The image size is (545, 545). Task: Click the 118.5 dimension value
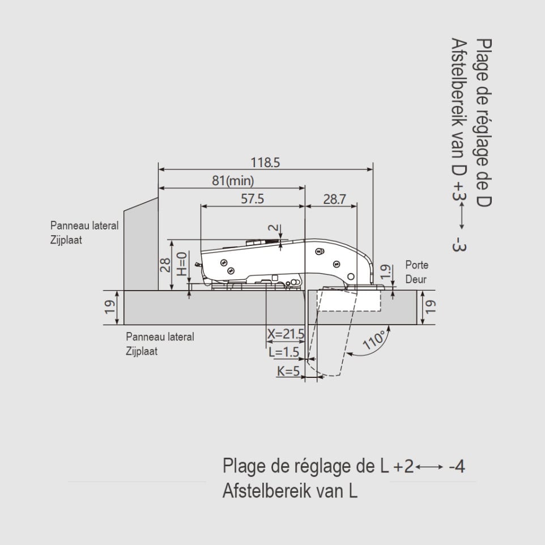(265, 163)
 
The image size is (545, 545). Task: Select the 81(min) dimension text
(233, 181)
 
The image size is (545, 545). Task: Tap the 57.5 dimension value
(252, 199)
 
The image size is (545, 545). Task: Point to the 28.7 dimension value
(334, 199)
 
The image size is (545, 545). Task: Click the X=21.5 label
(286, 334)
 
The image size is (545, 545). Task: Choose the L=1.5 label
(284, 352)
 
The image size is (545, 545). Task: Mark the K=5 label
(288, 371)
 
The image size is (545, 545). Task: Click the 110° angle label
(374, 340)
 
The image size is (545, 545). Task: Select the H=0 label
(182, 264)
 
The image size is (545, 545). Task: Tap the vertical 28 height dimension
(165, 265)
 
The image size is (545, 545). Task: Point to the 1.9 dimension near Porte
(385, 272)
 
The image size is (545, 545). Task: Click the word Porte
(417, 265)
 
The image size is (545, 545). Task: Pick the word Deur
(416, 279)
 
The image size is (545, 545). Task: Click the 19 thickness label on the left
(110, 307)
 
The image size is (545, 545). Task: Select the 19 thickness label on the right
(430, 307)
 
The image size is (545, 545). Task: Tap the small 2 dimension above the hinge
(274, 228)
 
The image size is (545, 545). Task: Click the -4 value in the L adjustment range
(457, 466)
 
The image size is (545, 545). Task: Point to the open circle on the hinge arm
(351, 276)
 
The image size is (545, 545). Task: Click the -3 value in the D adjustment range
(459, 244)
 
